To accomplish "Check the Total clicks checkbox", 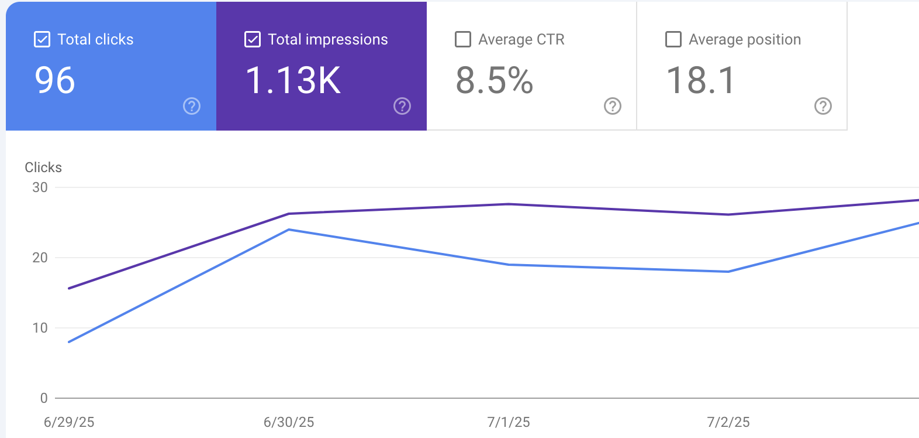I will click(x=42, y=39).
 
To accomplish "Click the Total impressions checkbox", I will click(x=253, y=39).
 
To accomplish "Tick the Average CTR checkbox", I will click(x=463, y=39).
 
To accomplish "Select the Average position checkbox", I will click(x=673, y=39).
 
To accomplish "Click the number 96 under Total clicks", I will click(x=55, y=80).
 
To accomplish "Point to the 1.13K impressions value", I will click(x=293, y=80).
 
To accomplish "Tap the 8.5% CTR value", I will click(x=495, y=80).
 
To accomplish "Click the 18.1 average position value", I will click(x=700, y=80).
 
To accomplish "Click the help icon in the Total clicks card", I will click(x=192, y=106).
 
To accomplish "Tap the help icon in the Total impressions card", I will click(x=402, y=106).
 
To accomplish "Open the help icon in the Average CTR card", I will click(x=613, y=106).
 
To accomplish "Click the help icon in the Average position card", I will click(x=823, y=106).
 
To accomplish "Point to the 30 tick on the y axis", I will click(x=40, y=187).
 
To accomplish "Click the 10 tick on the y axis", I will click(x=40, y=328).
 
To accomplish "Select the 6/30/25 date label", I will click(x=289, y=422).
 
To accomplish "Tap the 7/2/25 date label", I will click(x=728, y=422).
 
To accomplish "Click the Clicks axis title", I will click(x=43, y=167).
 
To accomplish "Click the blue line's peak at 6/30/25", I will click(x=289, y=230).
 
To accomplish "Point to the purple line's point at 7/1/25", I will click(x=509, y=204).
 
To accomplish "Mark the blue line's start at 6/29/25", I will click(x=69, y=342).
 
